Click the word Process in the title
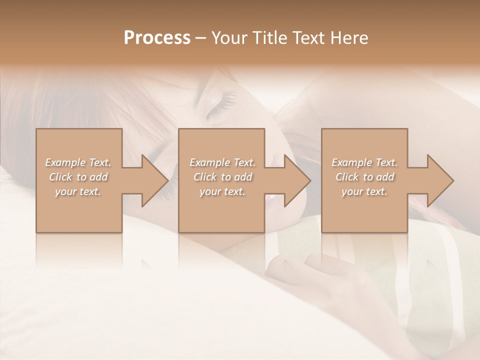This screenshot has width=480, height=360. tap(157, 38)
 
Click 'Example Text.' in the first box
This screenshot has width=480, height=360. tap(78, 162)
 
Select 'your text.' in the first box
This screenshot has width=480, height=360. tap(78, 191)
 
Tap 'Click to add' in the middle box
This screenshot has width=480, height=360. tap(222, 177)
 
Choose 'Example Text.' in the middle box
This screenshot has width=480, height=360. tap(222, 162)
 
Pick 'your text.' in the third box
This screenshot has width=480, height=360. tap(364, 191)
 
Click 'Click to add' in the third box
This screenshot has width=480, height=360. tap(364, 177)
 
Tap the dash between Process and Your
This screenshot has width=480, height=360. tap(200, 38)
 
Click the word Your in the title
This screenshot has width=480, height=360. tap(229, 38)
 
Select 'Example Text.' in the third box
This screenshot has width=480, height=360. tap(364, 162)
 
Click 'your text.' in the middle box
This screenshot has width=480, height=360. tap(222, 191)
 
